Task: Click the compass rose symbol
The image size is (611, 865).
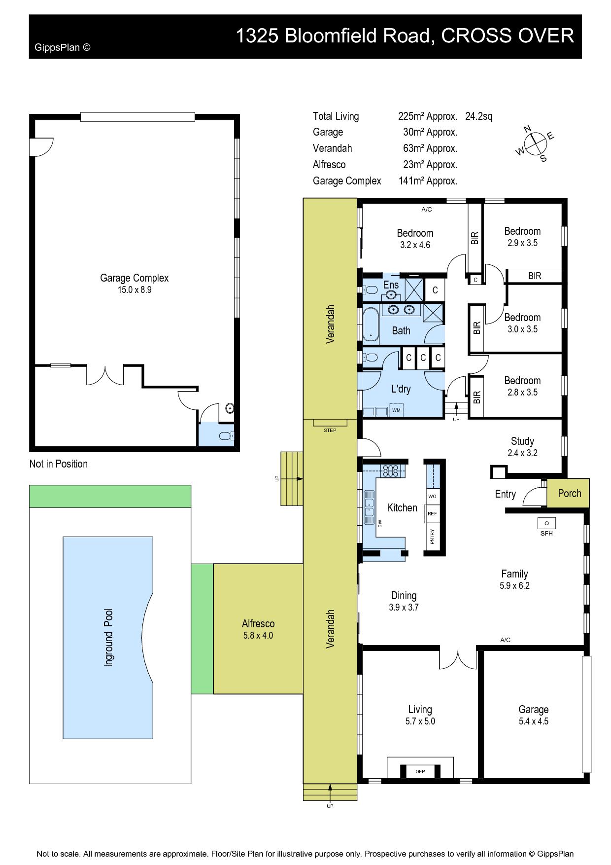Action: click(x=535, y=144)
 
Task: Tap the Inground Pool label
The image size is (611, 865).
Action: click(x=109, y=638)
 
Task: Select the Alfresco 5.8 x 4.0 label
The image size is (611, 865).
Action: click(x=258, y=629)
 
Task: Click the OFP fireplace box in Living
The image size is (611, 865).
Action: click(x=420, y=771)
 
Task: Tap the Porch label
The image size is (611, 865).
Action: click(x=570, y=493)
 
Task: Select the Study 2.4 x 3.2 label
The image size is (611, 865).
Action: click(x=522, y=447)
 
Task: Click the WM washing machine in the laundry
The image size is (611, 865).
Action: click(x=396, y=410)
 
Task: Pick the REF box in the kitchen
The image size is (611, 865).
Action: click(x=432, y=513)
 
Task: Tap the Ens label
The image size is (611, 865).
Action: click(x=391, y=285)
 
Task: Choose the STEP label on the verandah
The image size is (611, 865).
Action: click(x=330, y=431)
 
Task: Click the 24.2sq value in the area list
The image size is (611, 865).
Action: click(x=478, y=116)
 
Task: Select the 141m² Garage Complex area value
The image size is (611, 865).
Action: click(x=428, y=181)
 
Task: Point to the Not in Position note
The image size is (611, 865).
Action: click(x=59, y=464)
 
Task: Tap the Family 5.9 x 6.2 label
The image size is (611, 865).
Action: click(x=514, y=579)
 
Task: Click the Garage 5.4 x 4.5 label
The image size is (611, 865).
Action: click(x=533, y=715)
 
